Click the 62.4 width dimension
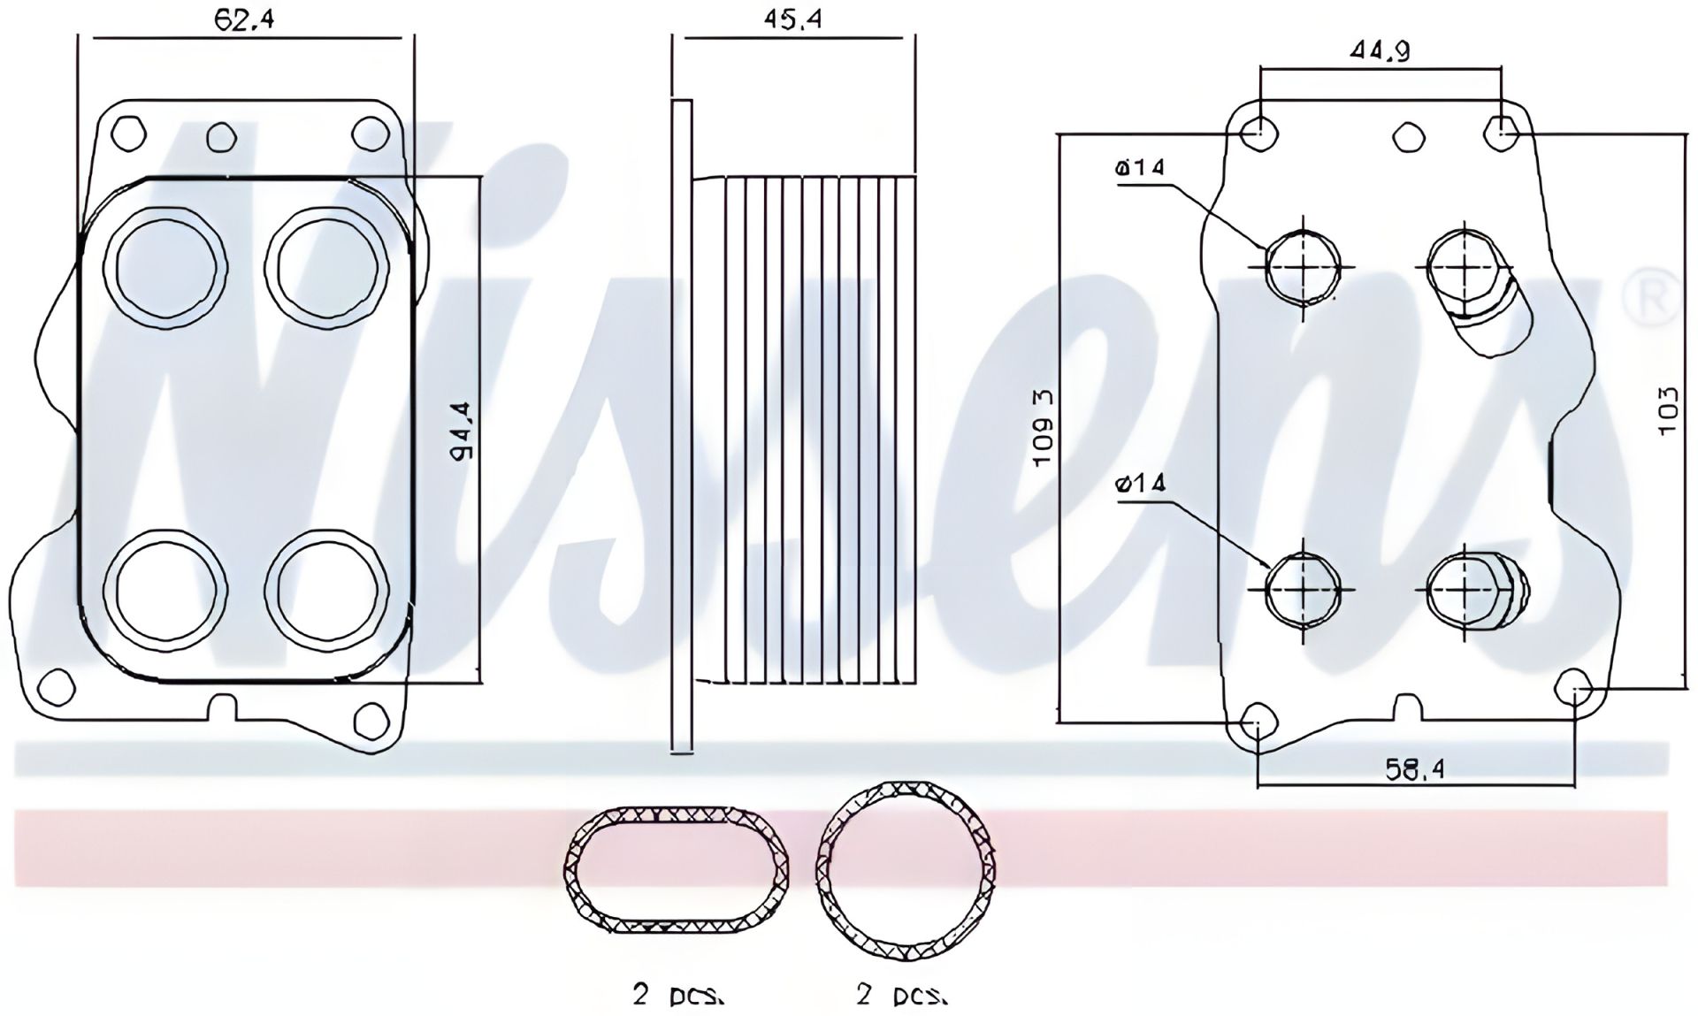tap(244, 19)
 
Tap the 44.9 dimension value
tap(1380, 52)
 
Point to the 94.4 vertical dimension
tap(462, 431)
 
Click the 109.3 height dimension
tap(1044, 428)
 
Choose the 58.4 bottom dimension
tap(1415, 770)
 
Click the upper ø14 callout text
tap(1141, 167)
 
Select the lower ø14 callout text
tap(1141, 483)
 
